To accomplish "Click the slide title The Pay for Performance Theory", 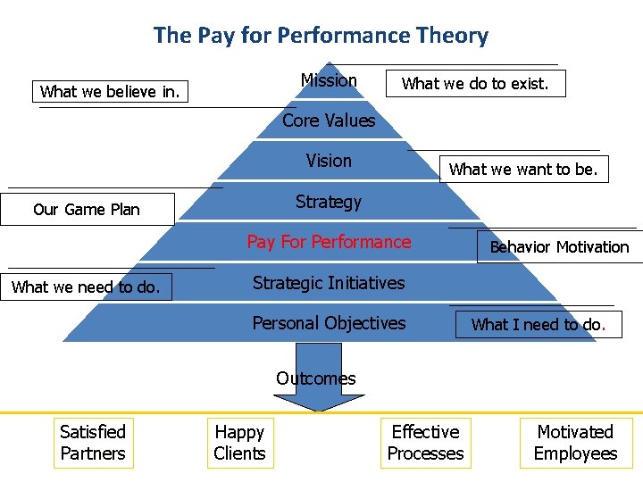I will [x=321, y=36].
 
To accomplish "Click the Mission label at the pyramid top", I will [x=329, y=80].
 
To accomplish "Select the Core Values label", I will [x=329, y=120].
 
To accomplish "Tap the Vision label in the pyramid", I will [x=329, y=161].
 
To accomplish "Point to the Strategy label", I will [x=329, y=202].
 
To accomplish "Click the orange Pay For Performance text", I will [x=329, y=242].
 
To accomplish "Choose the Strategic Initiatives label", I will [x=329, y=283].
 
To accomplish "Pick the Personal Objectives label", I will [x=329, y=323].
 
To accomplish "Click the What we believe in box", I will [x=111, y=91].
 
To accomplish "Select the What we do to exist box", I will [x=474, y=84].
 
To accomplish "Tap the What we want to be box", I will [x=523, y=169].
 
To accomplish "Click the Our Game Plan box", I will [x=87, y=210].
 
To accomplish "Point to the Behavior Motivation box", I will [x=559, y=247].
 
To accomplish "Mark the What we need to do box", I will [x=87, y=287].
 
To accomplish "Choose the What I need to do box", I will [x=538, y=325].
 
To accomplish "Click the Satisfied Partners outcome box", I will [x=93, y=443].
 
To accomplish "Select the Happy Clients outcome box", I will [x=239, y=443].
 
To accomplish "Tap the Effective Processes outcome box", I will [x=426, y=443].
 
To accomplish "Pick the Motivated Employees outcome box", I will [x=575, y=443].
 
